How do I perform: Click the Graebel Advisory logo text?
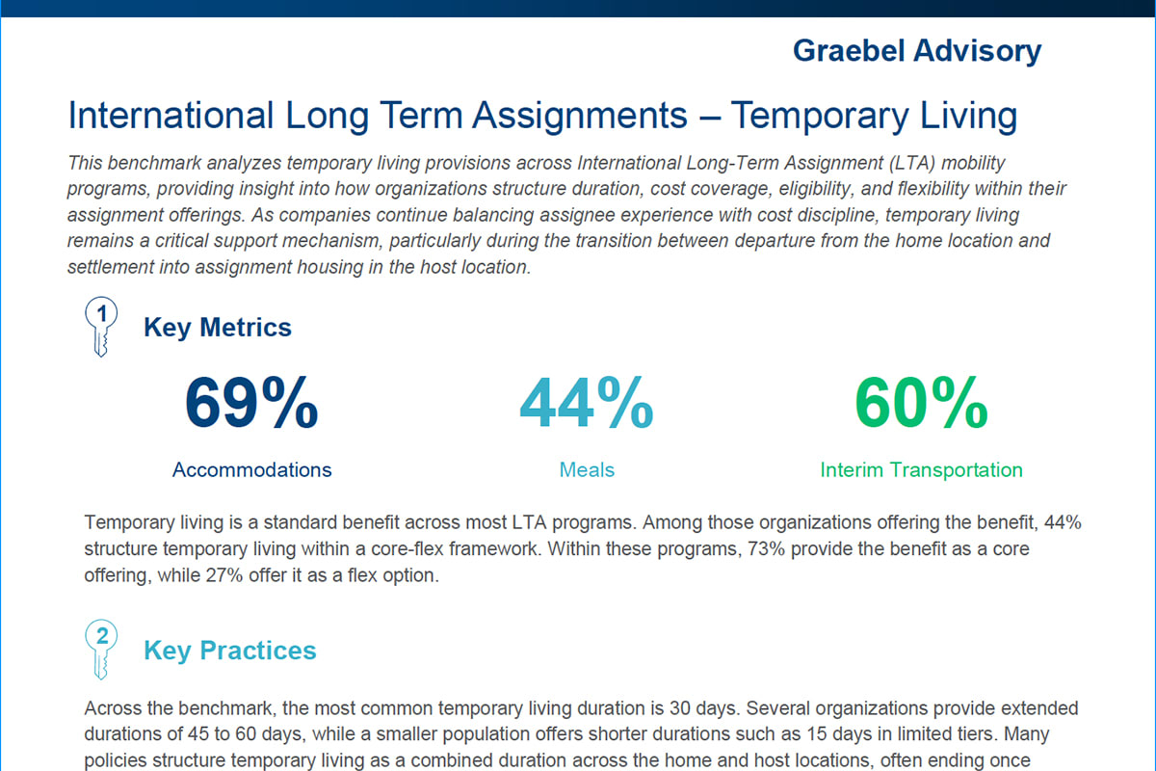[916, 50]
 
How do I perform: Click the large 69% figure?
[251, 403]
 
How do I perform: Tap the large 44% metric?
[586, 403]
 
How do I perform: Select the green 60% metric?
[921, 403]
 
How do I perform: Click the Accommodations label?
[251, 470]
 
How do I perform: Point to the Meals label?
[587, 470]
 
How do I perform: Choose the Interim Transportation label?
[921, 470]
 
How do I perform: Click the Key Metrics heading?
[218, 328]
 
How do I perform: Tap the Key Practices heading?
[229, 651]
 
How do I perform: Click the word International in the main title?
[171, 117]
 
